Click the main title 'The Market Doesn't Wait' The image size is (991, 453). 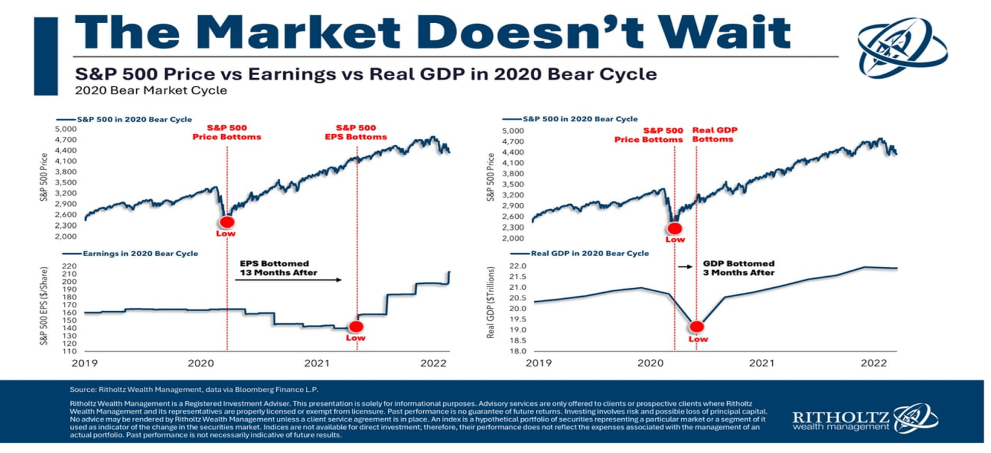[432, 32]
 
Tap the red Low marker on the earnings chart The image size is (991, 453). [356, 327]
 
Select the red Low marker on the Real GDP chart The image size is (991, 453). [697, 327]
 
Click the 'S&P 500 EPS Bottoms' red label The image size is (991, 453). [356, 132]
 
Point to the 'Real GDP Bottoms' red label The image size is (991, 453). [714, 134]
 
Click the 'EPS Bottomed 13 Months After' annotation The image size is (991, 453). [275, 268]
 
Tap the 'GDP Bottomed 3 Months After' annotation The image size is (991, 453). [738, 268]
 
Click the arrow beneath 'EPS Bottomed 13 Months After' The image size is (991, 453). [287, 280]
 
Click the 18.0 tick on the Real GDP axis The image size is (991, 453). [519, 351]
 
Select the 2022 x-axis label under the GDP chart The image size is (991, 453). [873, 363]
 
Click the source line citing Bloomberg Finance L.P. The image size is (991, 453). [194, 390]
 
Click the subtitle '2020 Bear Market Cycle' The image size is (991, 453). [151, 90]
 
